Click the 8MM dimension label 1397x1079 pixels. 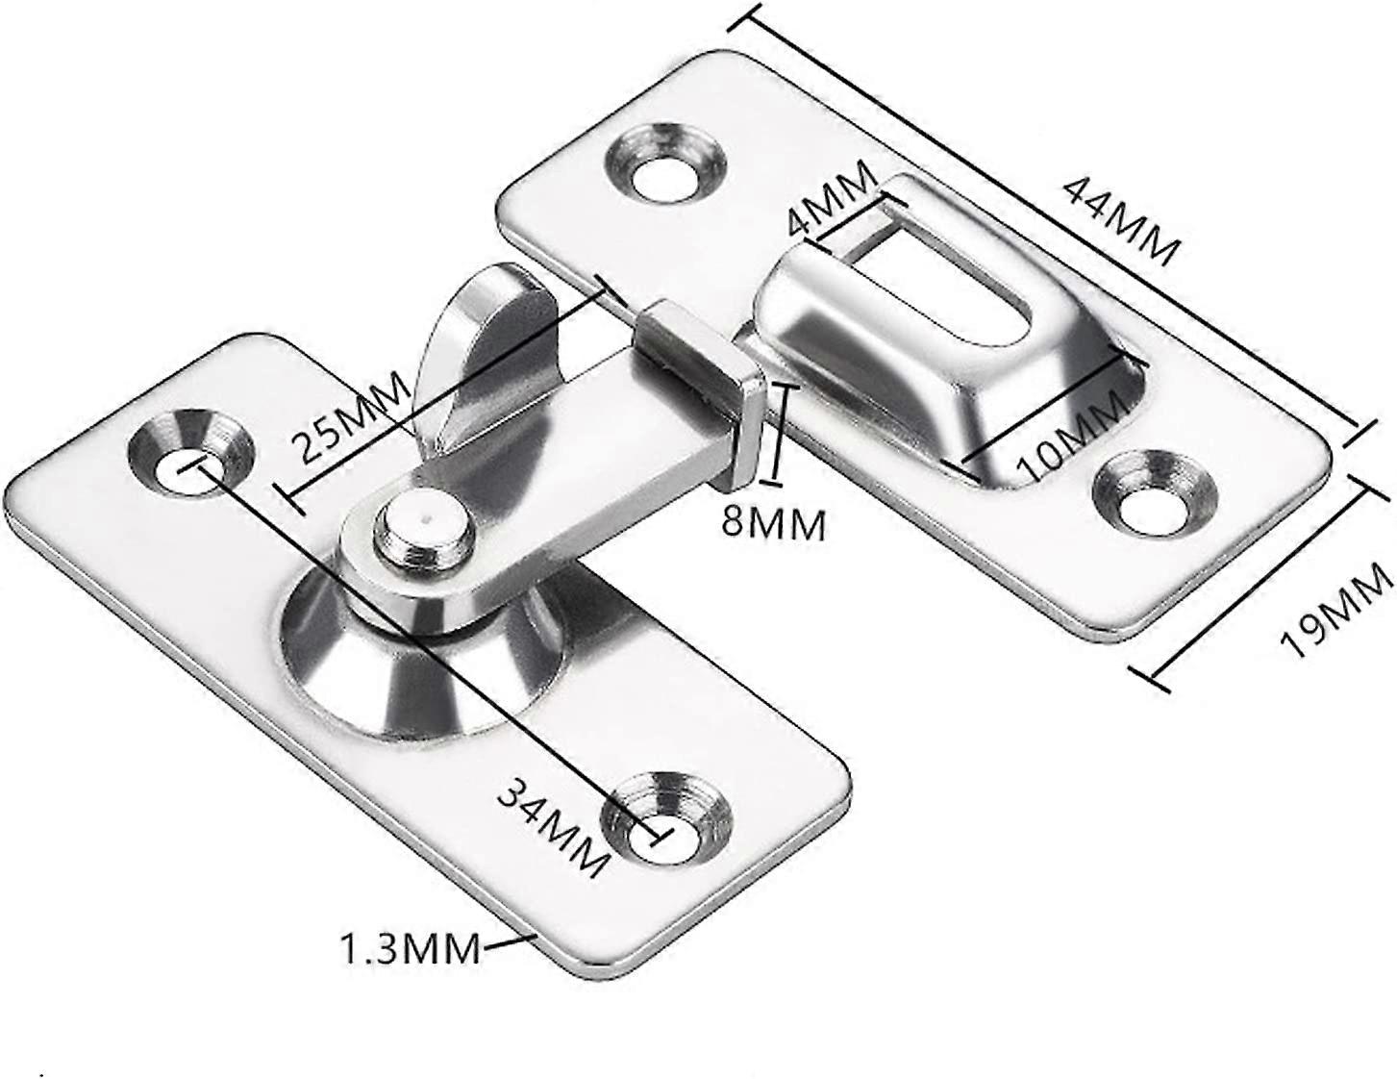pyautogui.click(x=775, y=524)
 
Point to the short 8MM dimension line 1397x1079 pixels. pyautogui.click(x=780, y=433)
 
